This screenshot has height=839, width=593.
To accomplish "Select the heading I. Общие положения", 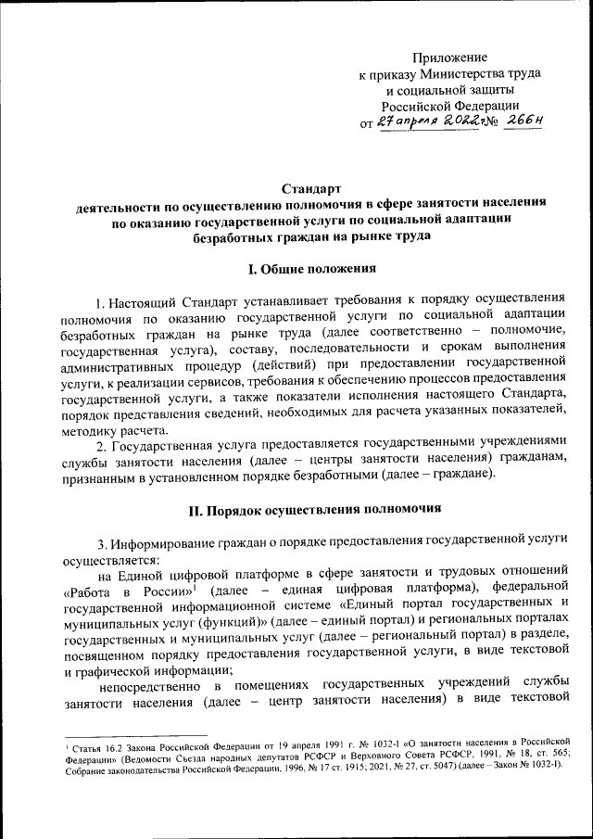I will (x=311, y=269).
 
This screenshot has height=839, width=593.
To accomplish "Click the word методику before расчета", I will (x=88, y=432).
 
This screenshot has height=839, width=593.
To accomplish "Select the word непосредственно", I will (x=151, y=684).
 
